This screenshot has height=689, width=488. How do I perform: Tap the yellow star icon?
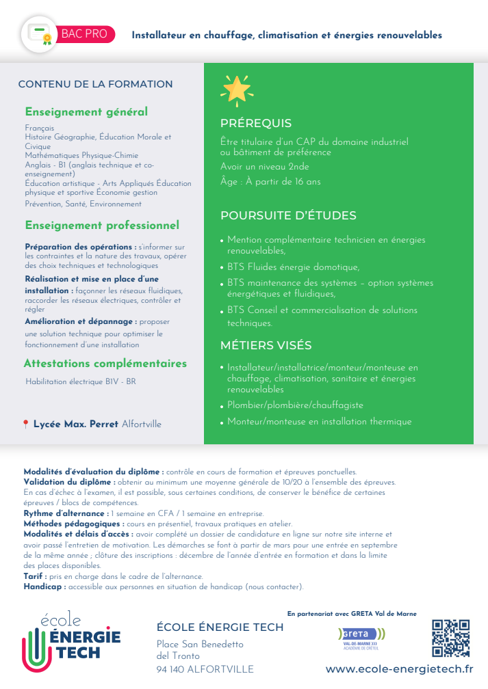[236, 89]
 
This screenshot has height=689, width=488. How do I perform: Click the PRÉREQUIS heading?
[255, 124]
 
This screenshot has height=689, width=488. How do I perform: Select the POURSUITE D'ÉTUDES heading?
[288, 216]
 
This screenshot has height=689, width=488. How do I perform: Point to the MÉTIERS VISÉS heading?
[266, 345]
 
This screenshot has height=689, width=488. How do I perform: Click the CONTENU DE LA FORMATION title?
[95, 84]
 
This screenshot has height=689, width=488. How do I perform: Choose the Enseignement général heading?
[86, 111]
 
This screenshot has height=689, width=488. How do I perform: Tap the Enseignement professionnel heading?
[102, 225]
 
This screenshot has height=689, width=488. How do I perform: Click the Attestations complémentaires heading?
[105, 364]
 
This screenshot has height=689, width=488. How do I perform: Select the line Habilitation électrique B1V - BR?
[80, 381]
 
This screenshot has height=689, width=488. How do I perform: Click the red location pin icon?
[26, 424]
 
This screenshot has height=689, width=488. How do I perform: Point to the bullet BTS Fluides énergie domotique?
[293, 267]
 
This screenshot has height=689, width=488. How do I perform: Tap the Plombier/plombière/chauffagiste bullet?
[295, 405]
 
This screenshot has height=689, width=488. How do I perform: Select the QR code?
[450, 638]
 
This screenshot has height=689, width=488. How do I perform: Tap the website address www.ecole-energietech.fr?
[399, 669]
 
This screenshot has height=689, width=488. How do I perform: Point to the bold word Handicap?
[44, 586]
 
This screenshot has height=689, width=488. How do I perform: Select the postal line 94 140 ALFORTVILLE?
[205, 669]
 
